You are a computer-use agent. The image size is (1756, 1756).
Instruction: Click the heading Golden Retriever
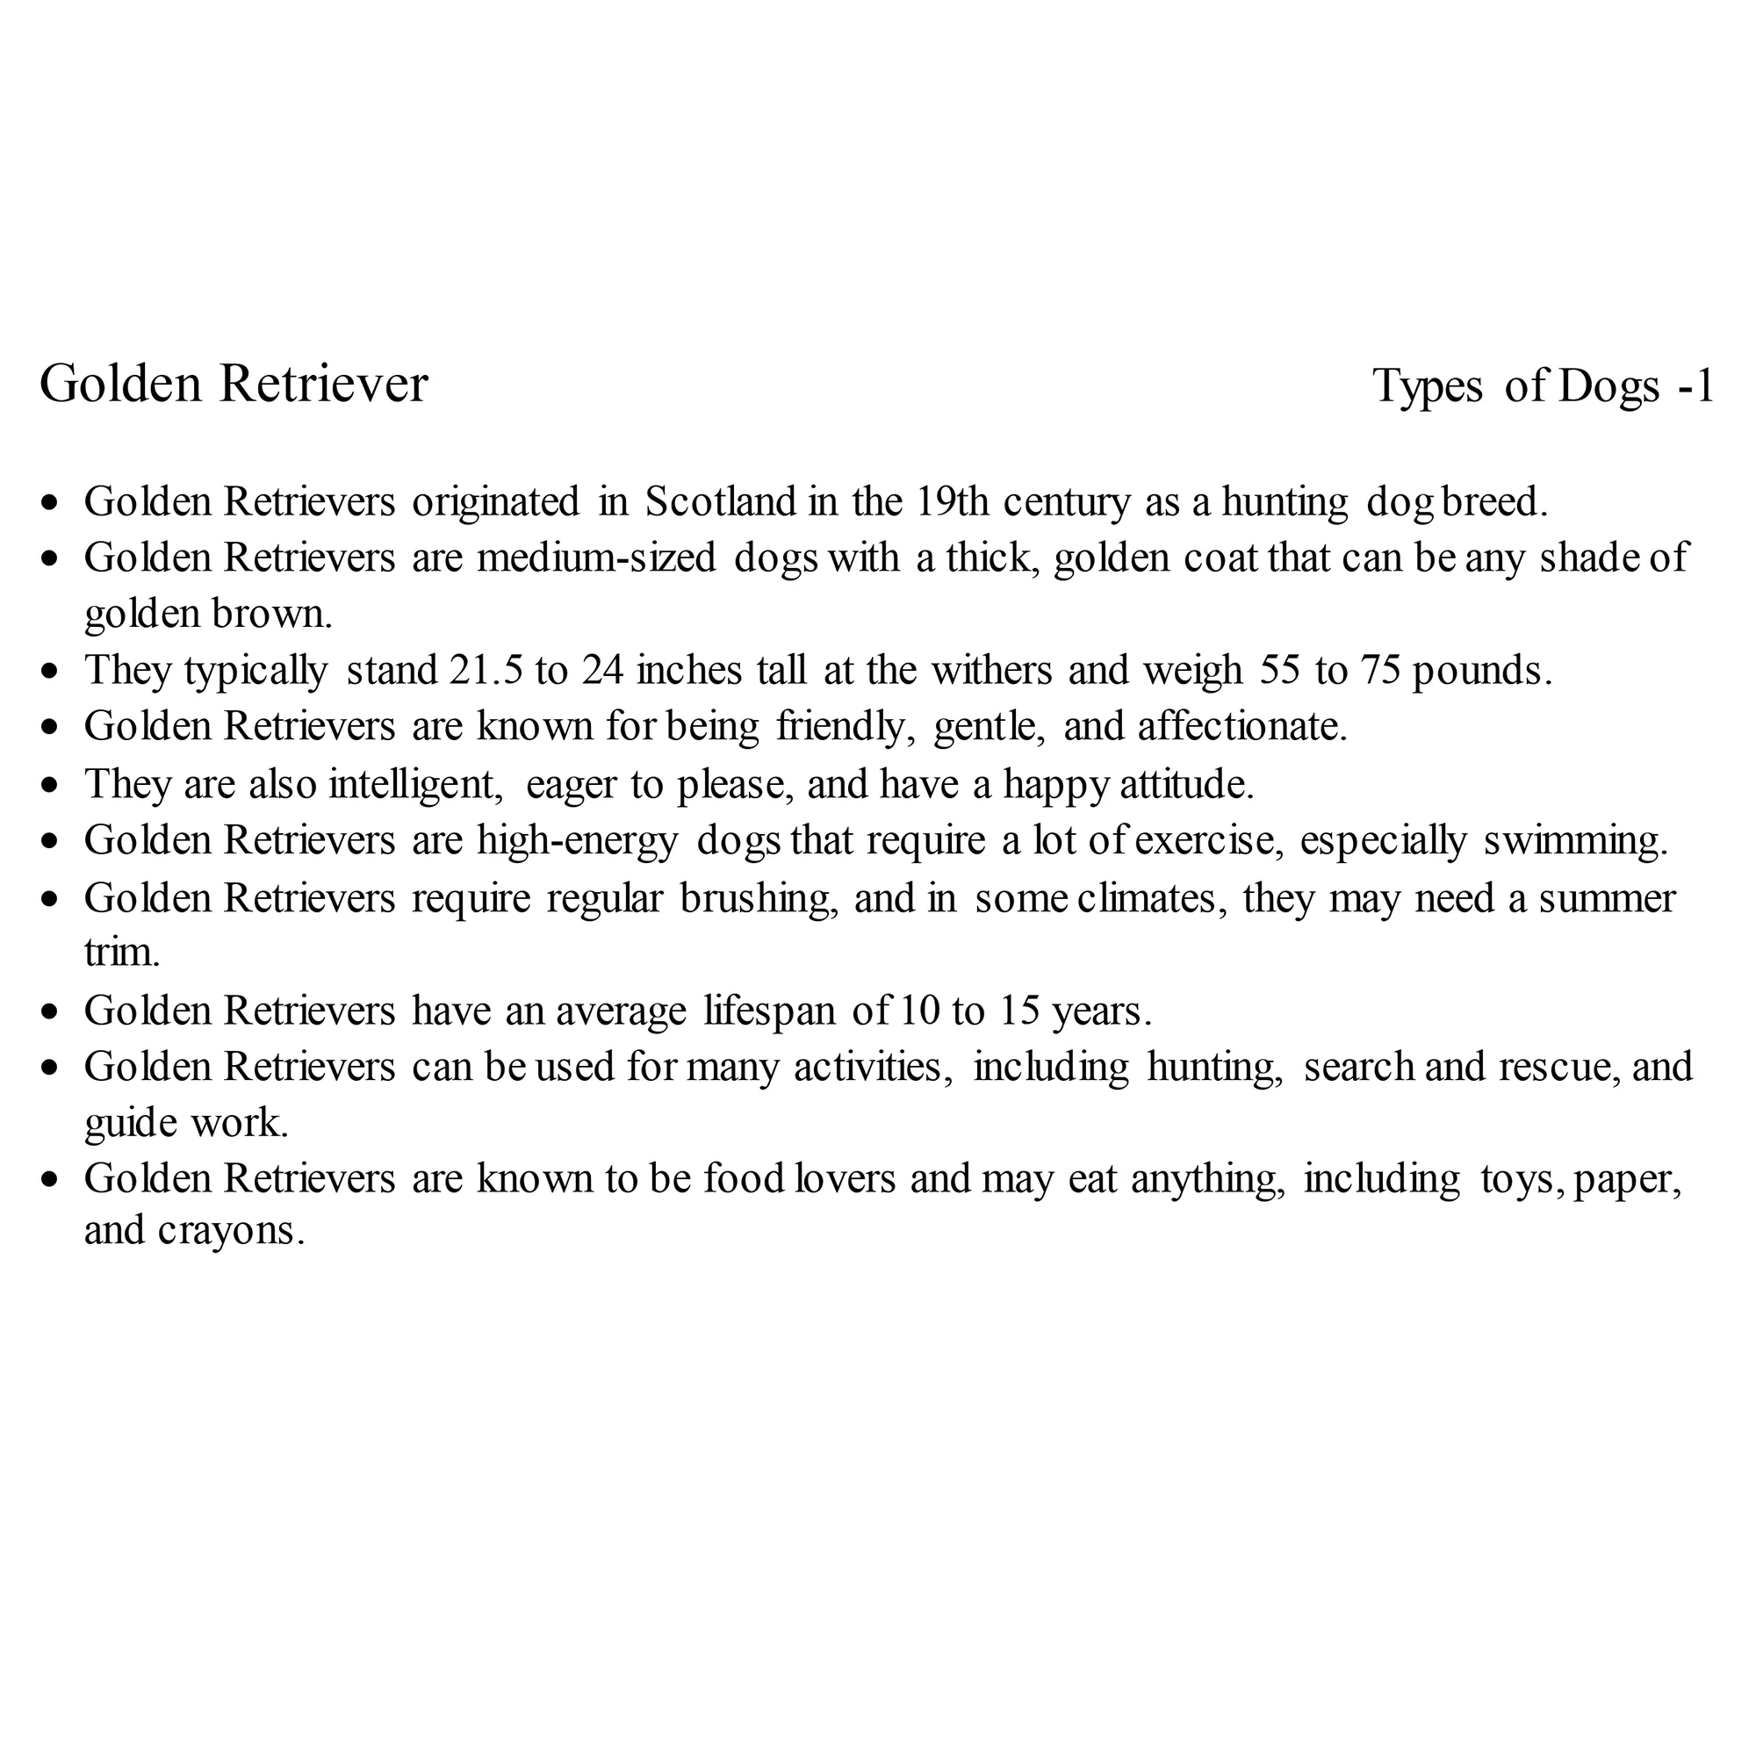(x=234, y=384)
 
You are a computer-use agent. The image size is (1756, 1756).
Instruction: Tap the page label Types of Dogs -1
(x=1543, y=385)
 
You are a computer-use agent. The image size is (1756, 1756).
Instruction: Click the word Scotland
(x=720, y=501)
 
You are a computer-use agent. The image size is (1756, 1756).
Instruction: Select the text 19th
(x=952, y=501)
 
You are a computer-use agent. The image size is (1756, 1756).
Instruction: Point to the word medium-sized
(x=596, y=558)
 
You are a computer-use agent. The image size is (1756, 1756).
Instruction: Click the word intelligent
(x=415, y=783)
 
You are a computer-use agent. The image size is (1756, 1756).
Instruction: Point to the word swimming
(x=1575, y=841)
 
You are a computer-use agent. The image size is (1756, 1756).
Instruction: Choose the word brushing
(x=759, y=899)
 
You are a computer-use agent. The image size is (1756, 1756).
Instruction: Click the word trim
(x=122, y=953)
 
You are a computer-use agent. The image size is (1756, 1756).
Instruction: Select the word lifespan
(x=769, y=1011)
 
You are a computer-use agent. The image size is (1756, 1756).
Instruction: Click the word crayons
(x=230, y=1231)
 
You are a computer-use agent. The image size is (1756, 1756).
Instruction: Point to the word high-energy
(x=577, y=841)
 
